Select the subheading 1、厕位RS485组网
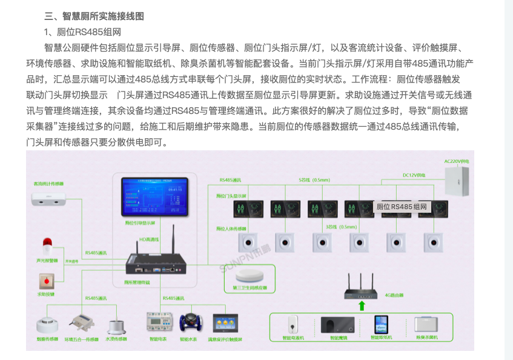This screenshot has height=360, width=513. (x=82, y=32)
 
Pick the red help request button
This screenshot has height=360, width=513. (x=46, y=281)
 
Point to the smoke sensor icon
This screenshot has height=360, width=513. (x=46, y=324)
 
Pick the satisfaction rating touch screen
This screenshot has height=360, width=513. (x=225, y=323)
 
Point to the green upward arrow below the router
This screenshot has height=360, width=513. (x=362, y=305)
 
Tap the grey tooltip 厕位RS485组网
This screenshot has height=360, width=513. (x=402, y=207)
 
